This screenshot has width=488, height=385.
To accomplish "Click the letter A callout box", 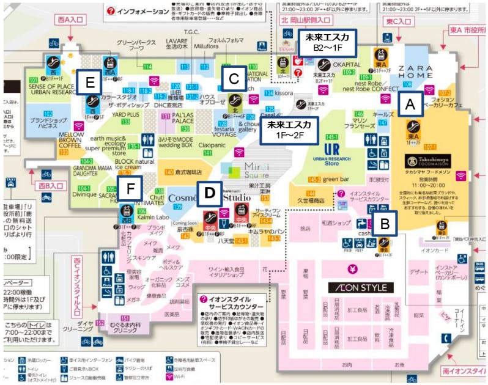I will tap(410, 105).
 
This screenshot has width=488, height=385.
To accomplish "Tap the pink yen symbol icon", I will tap(353, 268).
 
